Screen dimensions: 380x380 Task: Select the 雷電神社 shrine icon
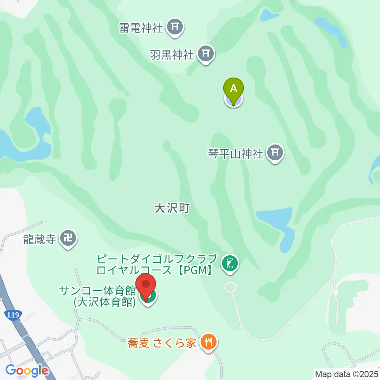coord(175,27)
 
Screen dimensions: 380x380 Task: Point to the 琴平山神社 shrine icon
coord(275,152)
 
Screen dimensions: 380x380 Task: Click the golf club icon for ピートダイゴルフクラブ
coord(230,263)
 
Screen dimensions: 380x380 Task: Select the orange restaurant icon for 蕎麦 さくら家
coord(207,342)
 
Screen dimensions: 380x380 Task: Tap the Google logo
coord(27,371)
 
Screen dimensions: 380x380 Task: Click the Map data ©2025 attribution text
coord(346,374)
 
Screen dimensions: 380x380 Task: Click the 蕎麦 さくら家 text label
coord(162,343)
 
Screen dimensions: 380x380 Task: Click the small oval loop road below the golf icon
coord(230,287)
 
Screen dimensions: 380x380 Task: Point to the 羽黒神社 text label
coord(172,54)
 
